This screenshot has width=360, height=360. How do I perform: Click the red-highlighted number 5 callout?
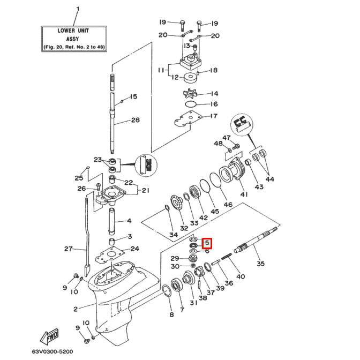(x=207, y=243)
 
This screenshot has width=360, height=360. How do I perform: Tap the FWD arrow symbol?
(x=49, y=337)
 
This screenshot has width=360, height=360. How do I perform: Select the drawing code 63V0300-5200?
(x=52, y=351)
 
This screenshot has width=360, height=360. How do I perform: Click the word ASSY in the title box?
(x=72, y=39)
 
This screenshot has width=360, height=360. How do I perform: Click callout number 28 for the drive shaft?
(x=135, y=120)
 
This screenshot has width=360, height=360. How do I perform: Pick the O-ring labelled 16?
(x=191, y=104)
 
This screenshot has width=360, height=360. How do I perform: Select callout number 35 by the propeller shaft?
(x=260, y=264)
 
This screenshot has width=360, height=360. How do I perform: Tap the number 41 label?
(x=244, y=194)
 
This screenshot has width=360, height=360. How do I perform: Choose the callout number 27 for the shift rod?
(x=69, y=249)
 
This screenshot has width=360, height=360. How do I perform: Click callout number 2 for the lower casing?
(x=76, y=309)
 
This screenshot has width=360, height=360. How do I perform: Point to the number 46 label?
(x=228, y=204)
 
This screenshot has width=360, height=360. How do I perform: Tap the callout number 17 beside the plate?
(x=214, y=116)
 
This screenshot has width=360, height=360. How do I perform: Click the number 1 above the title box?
(x=78, y=9)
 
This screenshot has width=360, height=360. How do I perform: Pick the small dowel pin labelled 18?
(x=198, y=73)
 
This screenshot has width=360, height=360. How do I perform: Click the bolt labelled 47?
(x=236, y=146)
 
